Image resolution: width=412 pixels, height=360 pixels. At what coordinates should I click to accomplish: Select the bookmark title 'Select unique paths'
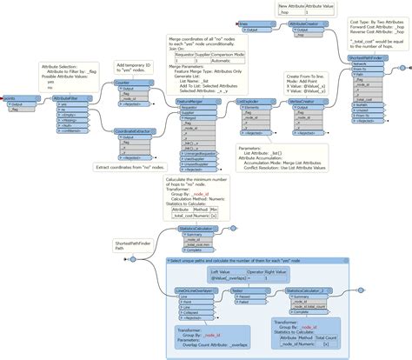(x=252, y=261)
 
